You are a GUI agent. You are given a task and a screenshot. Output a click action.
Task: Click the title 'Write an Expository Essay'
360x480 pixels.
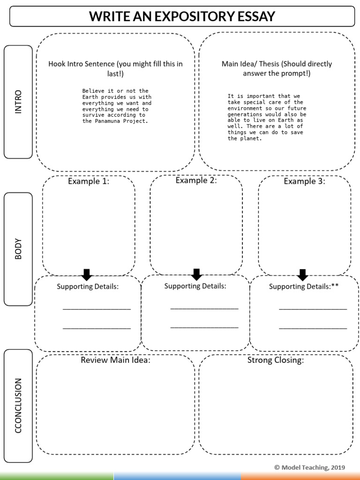182,17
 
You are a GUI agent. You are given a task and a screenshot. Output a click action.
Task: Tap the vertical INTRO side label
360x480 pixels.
18,102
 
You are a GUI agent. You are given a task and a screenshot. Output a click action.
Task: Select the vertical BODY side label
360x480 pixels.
18,249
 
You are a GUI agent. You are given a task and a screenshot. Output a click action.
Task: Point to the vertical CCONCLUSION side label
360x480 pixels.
18,405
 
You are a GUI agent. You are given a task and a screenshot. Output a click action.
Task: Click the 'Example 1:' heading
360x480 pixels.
89,181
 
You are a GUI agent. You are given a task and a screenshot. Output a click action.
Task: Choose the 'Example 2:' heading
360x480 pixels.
196,180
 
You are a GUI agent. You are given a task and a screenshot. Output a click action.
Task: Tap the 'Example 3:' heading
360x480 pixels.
304,181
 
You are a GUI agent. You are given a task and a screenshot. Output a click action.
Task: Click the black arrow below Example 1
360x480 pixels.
87,275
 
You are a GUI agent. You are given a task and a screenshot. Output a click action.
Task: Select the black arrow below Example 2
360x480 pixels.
196,274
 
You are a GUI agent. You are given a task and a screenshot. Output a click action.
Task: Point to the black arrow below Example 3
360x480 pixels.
302,275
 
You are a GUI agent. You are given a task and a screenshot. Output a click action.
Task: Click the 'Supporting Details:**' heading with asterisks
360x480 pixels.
303,286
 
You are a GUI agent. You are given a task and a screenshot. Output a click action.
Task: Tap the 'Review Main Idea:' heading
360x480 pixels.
115,360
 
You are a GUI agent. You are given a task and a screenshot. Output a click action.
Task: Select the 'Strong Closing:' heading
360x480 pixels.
276,360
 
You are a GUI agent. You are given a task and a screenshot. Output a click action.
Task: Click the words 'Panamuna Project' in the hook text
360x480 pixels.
124,121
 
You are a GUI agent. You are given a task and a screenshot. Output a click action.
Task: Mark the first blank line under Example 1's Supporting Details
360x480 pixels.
97,309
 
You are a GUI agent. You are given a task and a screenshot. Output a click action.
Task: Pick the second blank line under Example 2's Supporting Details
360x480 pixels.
204,327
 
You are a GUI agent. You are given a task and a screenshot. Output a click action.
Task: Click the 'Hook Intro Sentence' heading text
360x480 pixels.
79,64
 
